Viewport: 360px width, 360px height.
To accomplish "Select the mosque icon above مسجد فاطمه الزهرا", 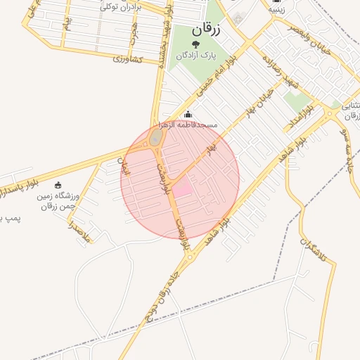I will click(x=187, y=115).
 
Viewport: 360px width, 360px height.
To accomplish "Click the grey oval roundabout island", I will click(x=155, y=140).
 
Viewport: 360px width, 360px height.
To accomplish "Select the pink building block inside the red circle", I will click(x=182, y=188).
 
